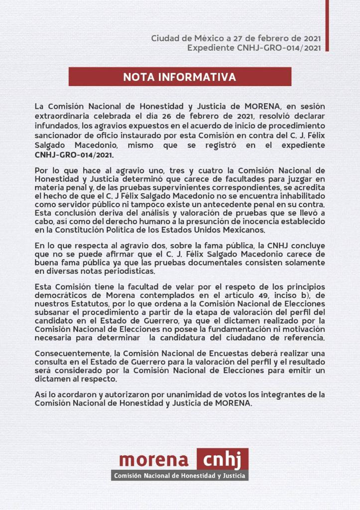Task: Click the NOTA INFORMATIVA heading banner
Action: pos(179,77)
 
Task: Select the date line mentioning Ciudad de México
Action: pos(236,38)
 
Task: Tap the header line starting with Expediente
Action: pos(254,48)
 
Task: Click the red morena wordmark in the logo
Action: pos(154,459)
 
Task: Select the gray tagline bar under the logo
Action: pos(179,476)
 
